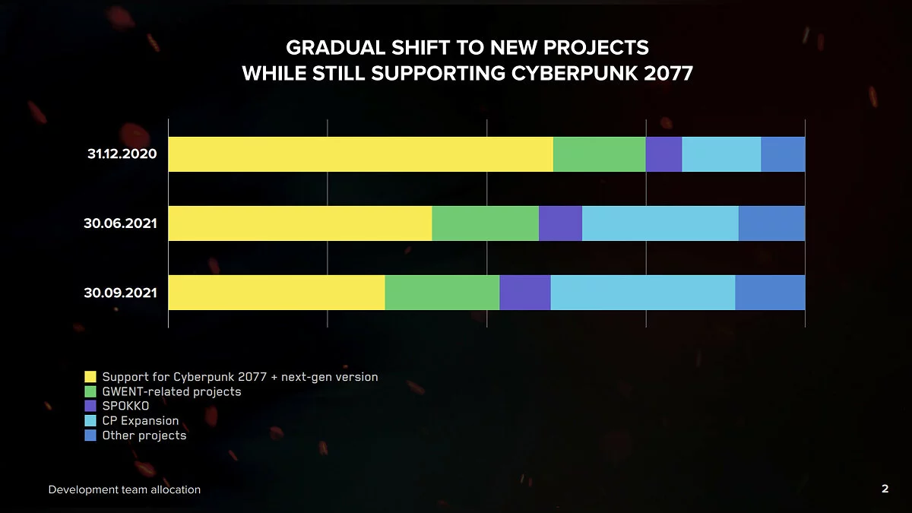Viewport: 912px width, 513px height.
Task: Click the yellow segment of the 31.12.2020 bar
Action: (x=360, y=154)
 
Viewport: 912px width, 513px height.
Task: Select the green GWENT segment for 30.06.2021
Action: (x=485, y=223)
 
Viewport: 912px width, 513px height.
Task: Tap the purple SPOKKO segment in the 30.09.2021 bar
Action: (x=524, y=293)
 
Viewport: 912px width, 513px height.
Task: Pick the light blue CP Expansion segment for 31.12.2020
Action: (x=721, y=154)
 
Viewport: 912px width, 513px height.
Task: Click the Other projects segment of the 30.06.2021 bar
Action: (x=771, y=223)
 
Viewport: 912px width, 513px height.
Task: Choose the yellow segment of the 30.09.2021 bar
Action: (x=277, y=293)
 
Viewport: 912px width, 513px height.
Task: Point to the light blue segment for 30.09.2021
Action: (x=642, y=293)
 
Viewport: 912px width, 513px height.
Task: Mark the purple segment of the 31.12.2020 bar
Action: (x=663, y=154)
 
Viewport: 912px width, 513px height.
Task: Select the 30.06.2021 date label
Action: (x=120, y=223)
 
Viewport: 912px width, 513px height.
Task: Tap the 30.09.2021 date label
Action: (x=120, y=292)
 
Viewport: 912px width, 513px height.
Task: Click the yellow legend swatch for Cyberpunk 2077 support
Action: (x=90, y=377)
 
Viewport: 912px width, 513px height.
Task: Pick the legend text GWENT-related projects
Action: (x=171, y=391)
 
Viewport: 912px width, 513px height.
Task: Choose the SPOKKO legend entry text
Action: (x=125, y=406)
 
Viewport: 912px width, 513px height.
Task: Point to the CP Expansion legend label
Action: (x=141, y=420)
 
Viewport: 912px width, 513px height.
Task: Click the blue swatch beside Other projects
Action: (x=90, y=435)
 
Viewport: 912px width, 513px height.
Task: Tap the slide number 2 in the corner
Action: (x=885, y=489)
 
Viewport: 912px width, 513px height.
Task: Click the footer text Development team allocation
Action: (x=125, y=490)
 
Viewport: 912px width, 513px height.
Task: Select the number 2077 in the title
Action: (x=667, y=74)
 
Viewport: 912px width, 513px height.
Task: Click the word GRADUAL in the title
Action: (x=326, y=48)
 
